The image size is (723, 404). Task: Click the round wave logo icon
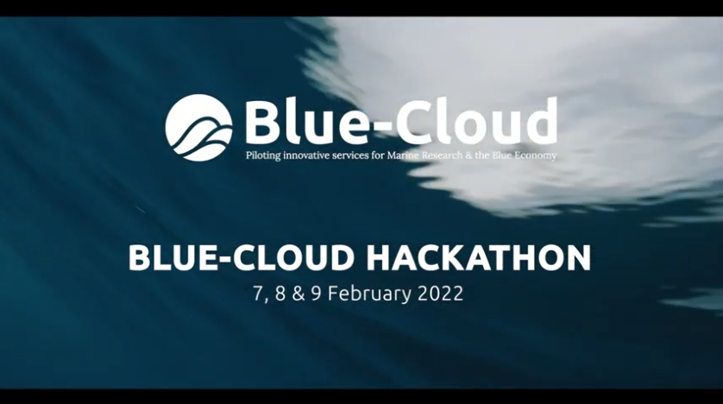coord(198,126)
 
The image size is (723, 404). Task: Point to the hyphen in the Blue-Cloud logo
coord(367,126)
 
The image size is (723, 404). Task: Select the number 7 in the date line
coord(258,294)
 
